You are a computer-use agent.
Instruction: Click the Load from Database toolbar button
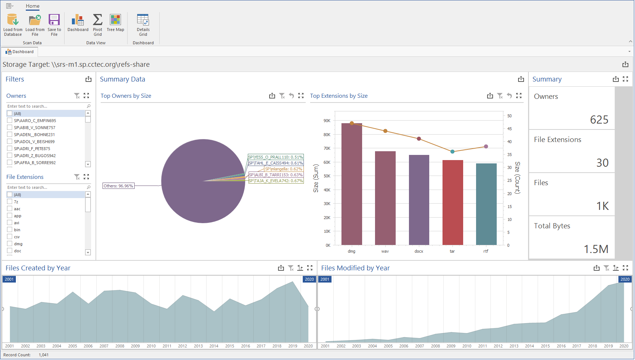(13, 25)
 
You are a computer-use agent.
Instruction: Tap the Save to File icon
(54, 25)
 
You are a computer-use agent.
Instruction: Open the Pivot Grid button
(98, 25)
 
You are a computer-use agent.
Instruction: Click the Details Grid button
(143, 25)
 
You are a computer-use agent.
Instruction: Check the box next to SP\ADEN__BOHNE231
(10, 135)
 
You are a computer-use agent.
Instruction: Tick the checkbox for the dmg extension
(10, 244)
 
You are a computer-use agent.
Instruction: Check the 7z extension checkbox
(10, 202)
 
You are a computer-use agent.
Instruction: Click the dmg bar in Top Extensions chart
(351, 184)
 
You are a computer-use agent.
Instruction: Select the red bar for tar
(452, 203)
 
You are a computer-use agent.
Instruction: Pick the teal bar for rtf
(486, 205)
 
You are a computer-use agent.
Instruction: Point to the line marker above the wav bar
(385, 131)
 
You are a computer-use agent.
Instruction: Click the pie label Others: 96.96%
(118, 186)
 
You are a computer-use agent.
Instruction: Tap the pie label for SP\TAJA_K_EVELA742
(276, 181)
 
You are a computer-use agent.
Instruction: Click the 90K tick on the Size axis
(327, 121)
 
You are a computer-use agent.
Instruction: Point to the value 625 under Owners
(599, 120)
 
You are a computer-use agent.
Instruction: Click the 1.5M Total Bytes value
(596, 249)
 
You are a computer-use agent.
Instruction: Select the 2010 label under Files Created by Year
(151, 346)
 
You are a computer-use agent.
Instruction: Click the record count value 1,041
(44, 355)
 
